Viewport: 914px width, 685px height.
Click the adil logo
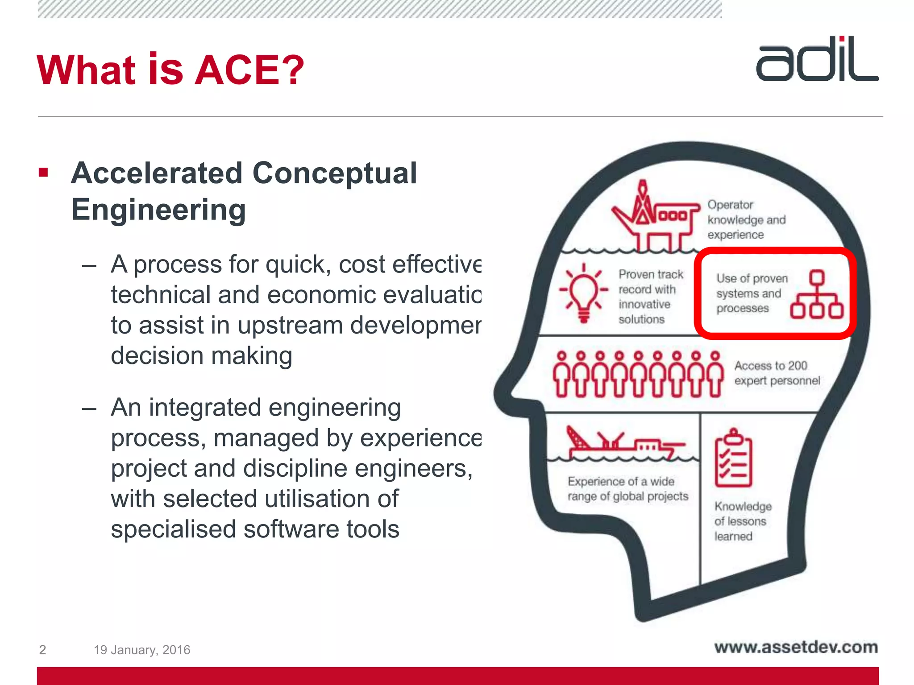(817, 60)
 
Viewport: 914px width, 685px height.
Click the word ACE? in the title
(249, 70)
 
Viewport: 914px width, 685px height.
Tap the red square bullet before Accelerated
(43, 173)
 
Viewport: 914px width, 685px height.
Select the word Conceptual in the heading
(334, 173)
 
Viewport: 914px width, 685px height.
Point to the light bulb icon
(584, 292)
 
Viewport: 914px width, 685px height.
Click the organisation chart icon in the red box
(816, 295)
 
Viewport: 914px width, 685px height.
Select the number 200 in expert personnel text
(797, 366)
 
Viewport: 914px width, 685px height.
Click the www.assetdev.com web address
(796, 647)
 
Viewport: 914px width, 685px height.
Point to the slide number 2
(42, 650)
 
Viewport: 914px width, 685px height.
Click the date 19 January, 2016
(142, 650)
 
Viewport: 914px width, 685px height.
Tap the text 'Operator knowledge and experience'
(746, 220)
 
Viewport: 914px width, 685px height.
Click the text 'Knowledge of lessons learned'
(742, 521)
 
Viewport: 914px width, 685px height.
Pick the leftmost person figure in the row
(562, 375)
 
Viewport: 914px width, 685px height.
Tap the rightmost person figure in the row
(715, 375)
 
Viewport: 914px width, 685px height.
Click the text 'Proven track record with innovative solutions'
(650, 297)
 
